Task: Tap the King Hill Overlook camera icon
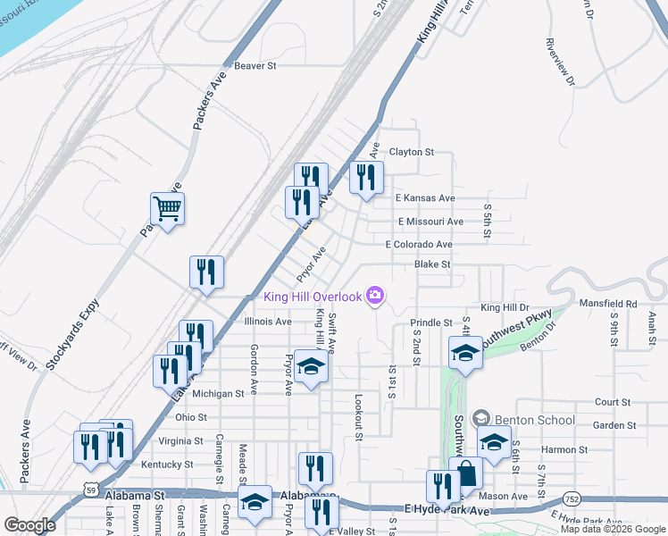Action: point(375,297)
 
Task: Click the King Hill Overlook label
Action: point(312,297)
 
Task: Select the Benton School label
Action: point(531,419)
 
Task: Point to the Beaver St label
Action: point(255,65)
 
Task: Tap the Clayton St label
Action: point(411,152)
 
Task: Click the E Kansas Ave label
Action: point(425,197)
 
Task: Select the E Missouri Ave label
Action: point(430,221)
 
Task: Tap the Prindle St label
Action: point(431,322)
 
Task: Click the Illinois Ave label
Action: point(268,322)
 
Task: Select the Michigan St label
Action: point(218,393)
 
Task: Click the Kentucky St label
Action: point(167,465)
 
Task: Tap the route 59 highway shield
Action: point(89,489)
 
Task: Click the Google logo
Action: point(30,525)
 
